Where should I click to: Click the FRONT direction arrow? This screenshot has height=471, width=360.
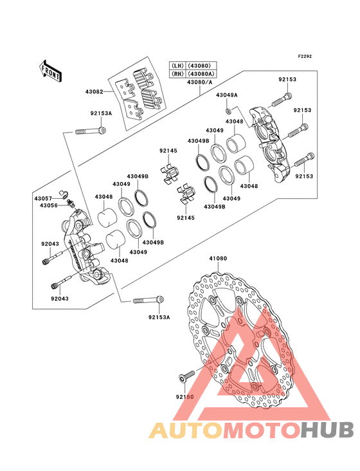coord(50,71)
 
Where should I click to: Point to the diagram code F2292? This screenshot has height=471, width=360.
coord(305,56)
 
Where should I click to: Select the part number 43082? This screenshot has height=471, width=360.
coord(94,91)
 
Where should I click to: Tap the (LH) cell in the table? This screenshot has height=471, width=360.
coord(177,66)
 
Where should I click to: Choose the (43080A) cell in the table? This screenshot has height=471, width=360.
coord(201,73)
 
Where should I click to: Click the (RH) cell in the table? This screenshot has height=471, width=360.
coord(177,73)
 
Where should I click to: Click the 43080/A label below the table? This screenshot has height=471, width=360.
coord(199,82)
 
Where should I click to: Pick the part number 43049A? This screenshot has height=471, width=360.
coord(227,95)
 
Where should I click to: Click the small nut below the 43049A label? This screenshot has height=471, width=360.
coord(228,112)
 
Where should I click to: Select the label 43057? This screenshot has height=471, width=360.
coord(43,199)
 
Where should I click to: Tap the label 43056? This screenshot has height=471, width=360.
coord(49,205)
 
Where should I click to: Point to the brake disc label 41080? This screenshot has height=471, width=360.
coord(218,258)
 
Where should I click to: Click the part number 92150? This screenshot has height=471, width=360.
coord(184,397)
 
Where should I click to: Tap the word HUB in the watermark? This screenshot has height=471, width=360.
coord(328,430)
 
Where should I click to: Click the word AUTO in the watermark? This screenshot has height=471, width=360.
coord(186,430)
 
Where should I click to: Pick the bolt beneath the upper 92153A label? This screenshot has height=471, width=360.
coord(91,131)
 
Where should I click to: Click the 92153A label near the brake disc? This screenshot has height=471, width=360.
coord(159,317)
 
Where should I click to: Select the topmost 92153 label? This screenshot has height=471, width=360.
coord(287,79)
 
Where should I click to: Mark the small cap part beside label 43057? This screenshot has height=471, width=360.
coord(64,194)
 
